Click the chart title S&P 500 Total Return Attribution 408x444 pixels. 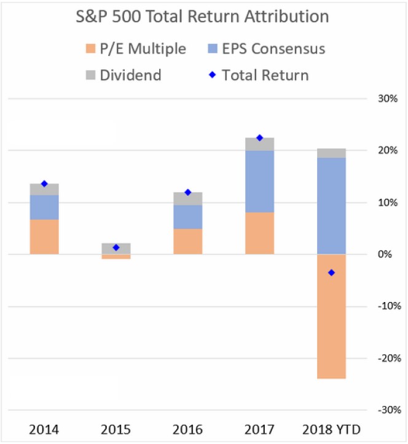click(202, 17)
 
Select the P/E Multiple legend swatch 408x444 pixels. click(89, 48)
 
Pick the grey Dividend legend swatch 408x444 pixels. click(89, 76)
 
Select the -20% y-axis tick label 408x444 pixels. click(390, 358)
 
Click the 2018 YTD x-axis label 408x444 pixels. click(332, 429)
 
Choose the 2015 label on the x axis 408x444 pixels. click(116, 429)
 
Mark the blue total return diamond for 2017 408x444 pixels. click(259, 138)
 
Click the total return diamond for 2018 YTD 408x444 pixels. click(332, 273)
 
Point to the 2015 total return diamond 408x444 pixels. click(116, 247)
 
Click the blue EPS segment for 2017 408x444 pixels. click(259, 181)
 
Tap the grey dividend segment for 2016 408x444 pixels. click(187, 198)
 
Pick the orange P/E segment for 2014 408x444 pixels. click(44, 237)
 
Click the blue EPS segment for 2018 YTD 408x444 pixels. click(331, 206)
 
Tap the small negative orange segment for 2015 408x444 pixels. click(116, 257)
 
